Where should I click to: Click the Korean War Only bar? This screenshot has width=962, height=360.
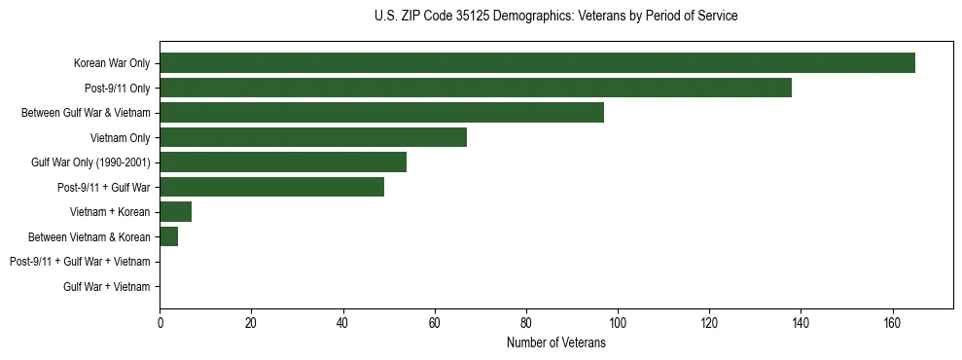point(537,63)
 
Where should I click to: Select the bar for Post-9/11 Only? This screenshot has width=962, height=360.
point(476,88)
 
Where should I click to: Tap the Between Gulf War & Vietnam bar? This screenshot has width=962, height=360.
point(381,113)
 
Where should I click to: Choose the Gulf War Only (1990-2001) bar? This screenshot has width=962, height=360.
point(283,162)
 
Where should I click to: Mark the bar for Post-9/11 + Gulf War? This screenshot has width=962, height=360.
point(271,187)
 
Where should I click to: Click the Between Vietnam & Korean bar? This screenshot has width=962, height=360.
point(169,236)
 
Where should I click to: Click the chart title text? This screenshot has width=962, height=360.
point(555,17)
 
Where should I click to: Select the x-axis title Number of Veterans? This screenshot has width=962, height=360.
point(555,343)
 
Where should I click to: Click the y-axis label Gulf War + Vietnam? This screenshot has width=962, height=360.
point(107,287)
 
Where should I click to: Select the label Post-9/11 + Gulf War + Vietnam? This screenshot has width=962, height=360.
point(80,262)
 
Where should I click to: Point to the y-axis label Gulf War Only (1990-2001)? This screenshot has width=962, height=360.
point(90,162)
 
